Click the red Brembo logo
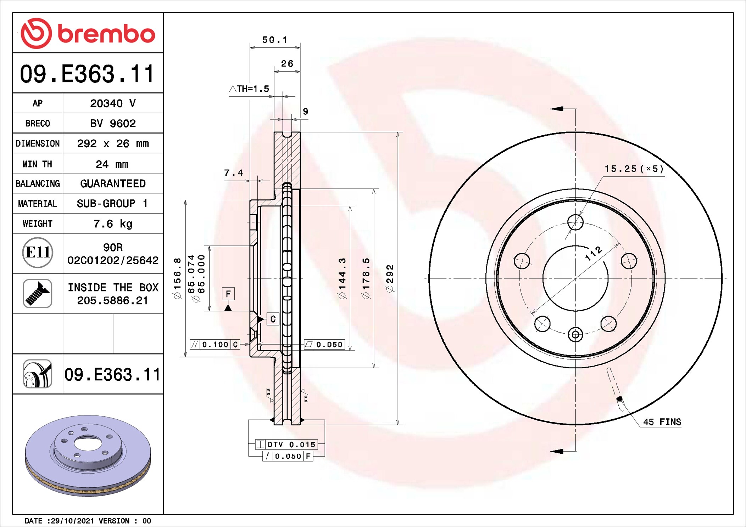click(x=88, y=33)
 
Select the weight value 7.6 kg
click(x=113, y=224)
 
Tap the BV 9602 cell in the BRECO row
click(x=113, y=123)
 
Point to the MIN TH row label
click(x=37, y=164)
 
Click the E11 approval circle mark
click(x=38, y=253)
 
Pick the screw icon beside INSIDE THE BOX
click(x=38, y=293)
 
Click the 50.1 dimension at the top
click(x=275, y=40)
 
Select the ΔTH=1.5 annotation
click(x=249, y=89)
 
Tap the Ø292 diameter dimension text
click(x=390, y=278)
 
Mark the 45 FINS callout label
click(x=662, y=422)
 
